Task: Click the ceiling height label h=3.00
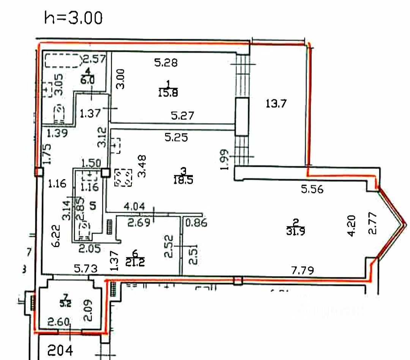tap(73, 18)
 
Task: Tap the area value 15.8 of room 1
tap(169, 92)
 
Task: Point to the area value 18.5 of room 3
tap(184, 179)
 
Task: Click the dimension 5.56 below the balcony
tap(312, 189)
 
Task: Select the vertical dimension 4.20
tap(351, 226)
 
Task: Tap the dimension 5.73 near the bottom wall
tap(86, 269)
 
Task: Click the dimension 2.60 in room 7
tap(58, 323)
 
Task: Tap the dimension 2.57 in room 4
tap(94, 59)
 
